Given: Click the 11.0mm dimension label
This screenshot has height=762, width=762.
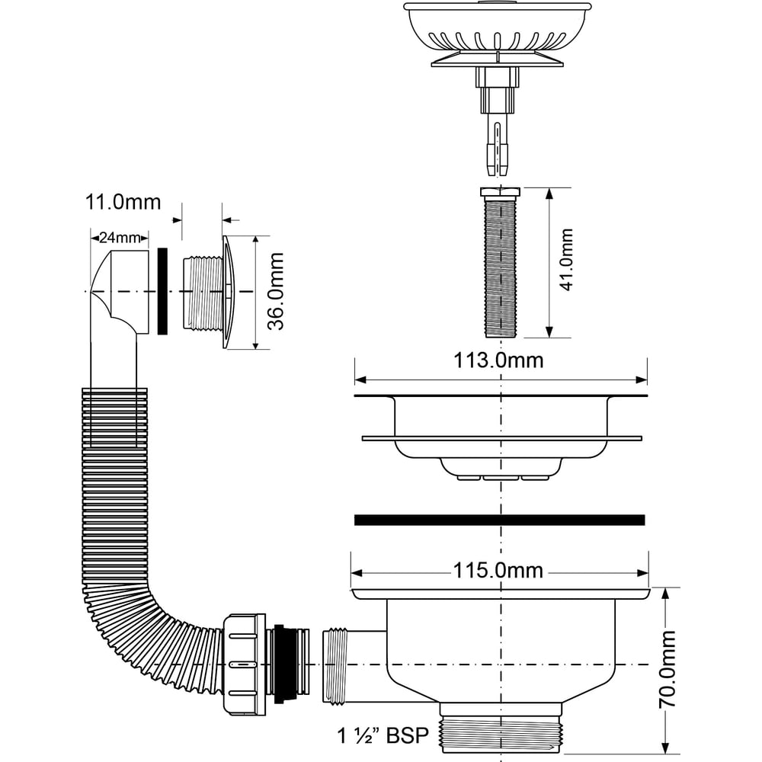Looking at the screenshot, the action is [123, 202].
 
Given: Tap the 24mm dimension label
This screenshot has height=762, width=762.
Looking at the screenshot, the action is [120, 238].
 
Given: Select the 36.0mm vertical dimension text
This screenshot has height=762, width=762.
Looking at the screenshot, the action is [276, 291].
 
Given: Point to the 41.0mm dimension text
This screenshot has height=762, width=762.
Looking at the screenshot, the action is [566, 260].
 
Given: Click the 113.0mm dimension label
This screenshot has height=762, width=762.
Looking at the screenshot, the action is [498, 360].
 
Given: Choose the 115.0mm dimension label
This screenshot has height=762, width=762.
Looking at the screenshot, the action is [498, 571].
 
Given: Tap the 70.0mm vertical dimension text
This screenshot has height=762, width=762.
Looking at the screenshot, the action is [668, 669].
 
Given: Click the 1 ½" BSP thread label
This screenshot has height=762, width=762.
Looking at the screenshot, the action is [383, 735].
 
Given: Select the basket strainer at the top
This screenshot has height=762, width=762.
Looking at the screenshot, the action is [498, 34].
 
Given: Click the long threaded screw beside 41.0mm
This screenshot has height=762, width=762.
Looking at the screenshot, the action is [500, 263].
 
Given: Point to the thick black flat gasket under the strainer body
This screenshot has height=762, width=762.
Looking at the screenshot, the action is [500, 520].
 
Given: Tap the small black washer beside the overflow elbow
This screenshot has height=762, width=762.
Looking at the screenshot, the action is [163, 291].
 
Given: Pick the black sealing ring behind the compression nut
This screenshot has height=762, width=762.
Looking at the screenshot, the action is [280, 664].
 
